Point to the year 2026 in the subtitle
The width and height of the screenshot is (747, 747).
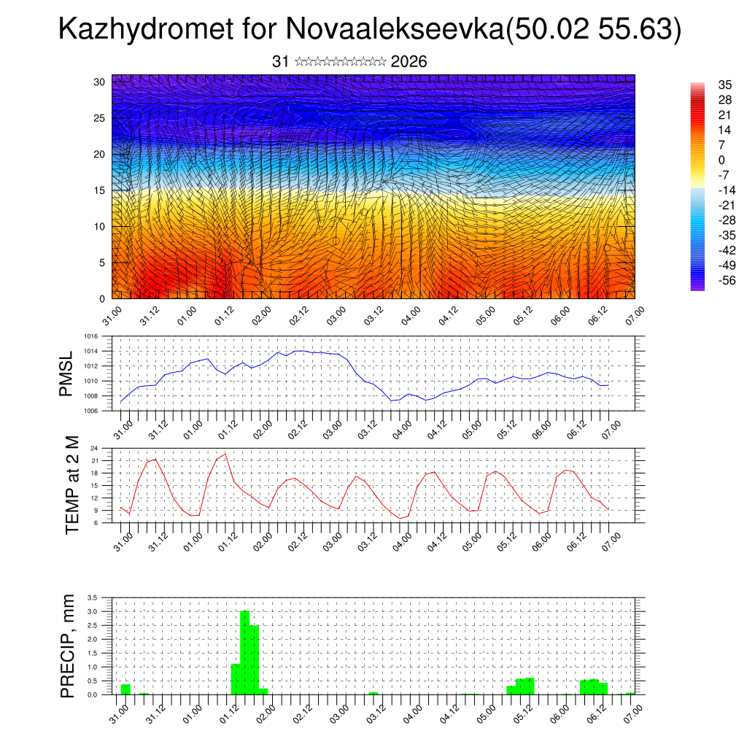pos(409,62)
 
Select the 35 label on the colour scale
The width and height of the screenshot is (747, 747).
pos(724,85)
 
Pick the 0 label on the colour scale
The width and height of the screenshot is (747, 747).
pos(721,160)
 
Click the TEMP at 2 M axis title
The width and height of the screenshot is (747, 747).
pos(71,485)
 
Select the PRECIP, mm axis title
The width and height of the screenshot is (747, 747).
pos(68,646)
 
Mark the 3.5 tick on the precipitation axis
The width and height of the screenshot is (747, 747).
pos(92,597)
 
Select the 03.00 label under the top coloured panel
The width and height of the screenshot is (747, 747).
pos(336,314)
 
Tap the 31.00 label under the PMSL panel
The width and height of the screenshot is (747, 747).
pos(123,425)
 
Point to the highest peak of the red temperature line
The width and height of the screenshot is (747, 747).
pos(225,454)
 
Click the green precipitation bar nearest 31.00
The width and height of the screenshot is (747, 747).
pos(125,689)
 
